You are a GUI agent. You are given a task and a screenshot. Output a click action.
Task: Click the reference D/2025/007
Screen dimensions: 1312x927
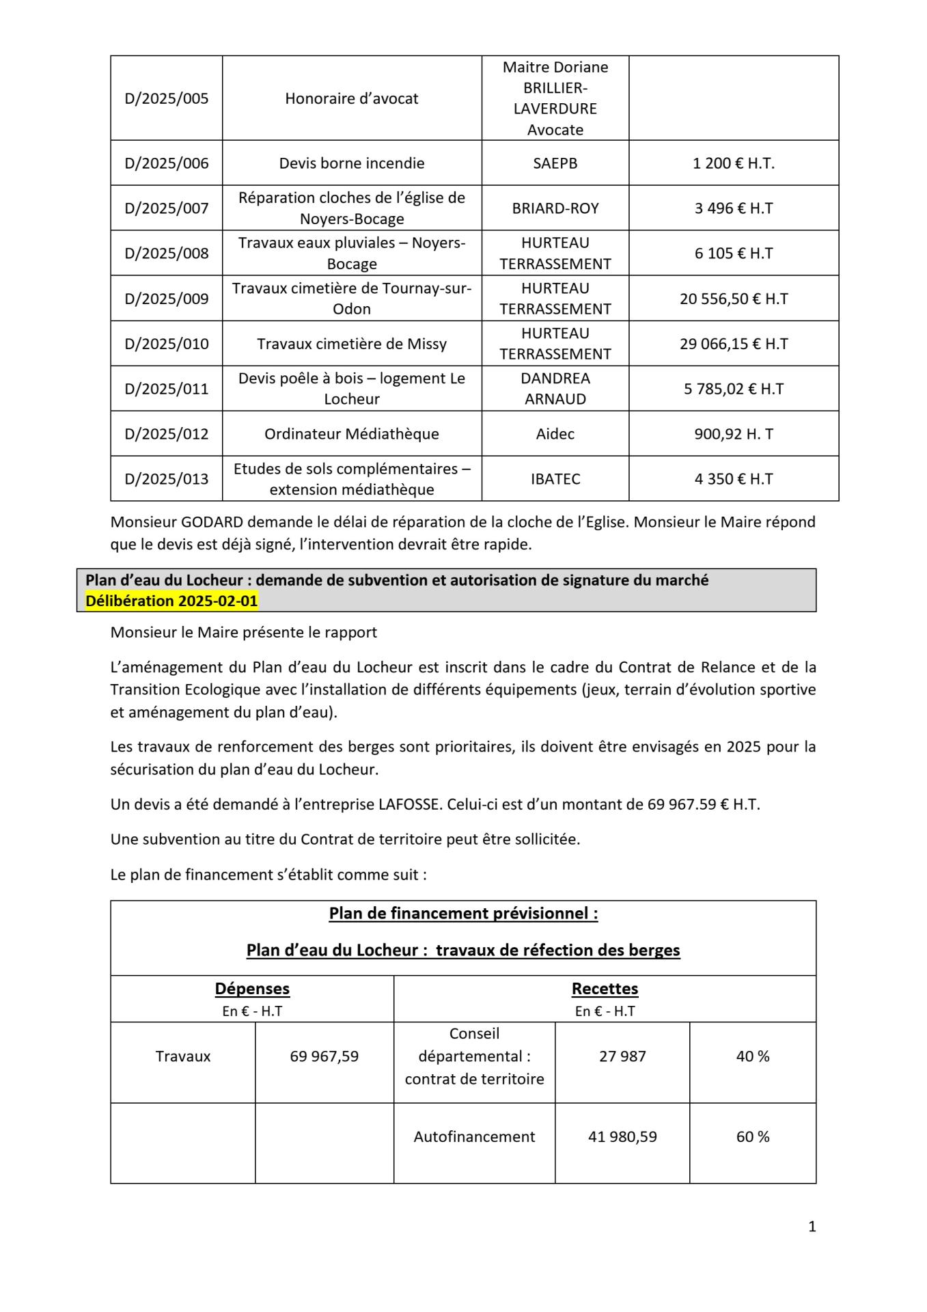click(167, 208)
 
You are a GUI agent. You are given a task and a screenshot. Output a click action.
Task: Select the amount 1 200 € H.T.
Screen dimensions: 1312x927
click(733, 163)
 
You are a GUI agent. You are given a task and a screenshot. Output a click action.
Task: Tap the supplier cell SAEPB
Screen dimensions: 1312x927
click(555, 163)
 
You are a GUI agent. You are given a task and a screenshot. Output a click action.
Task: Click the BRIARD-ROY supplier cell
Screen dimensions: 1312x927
click(555, 208)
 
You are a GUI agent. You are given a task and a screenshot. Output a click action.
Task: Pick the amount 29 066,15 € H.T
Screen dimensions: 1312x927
click(733, 344)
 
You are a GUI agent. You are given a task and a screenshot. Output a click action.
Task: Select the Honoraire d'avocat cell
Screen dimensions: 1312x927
click(351, 98)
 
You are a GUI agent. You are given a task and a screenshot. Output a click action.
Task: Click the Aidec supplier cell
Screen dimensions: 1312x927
click(555, 434)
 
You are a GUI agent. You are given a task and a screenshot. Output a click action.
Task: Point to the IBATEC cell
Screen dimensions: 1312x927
click(555, 479)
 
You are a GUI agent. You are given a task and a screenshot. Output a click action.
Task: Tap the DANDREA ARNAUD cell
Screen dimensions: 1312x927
click(555, 389)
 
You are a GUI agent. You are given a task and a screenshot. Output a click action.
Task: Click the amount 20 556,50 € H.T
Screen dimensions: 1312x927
click(733, 299)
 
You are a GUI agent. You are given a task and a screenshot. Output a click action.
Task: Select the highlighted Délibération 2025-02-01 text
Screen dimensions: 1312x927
click(171, 601)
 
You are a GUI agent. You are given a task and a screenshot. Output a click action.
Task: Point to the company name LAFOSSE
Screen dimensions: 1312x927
click(410, 804)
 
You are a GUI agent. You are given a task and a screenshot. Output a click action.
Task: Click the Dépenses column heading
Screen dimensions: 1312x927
click(252, 989)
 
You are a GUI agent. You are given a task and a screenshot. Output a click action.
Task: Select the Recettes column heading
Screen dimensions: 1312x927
click(605, 989)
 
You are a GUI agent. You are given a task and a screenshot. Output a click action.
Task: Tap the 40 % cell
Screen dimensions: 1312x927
click(752, 1056)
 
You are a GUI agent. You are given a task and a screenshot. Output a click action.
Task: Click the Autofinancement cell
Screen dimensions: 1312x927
click(474, 1137)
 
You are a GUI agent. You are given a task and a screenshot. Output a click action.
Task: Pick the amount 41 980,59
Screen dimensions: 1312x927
click(622, 1137)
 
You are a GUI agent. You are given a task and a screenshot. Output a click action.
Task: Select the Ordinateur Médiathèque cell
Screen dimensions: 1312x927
click(351, 434)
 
